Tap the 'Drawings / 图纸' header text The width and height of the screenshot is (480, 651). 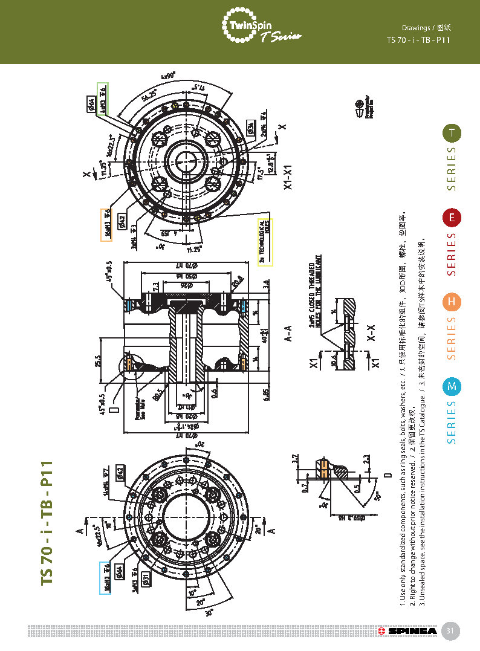point(426,28)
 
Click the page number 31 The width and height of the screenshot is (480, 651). point(450,631)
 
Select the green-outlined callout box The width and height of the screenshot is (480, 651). point(103,99)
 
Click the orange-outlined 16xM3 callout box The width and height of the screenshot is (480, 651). point(106,225)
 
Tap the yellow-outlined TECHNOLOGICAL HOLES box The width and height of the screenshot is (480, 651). point(266,241)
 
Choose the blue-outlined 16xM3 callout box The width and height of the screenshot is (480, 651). point(105,578)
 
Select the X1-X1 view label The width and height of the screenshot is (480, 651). point(288,178)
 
